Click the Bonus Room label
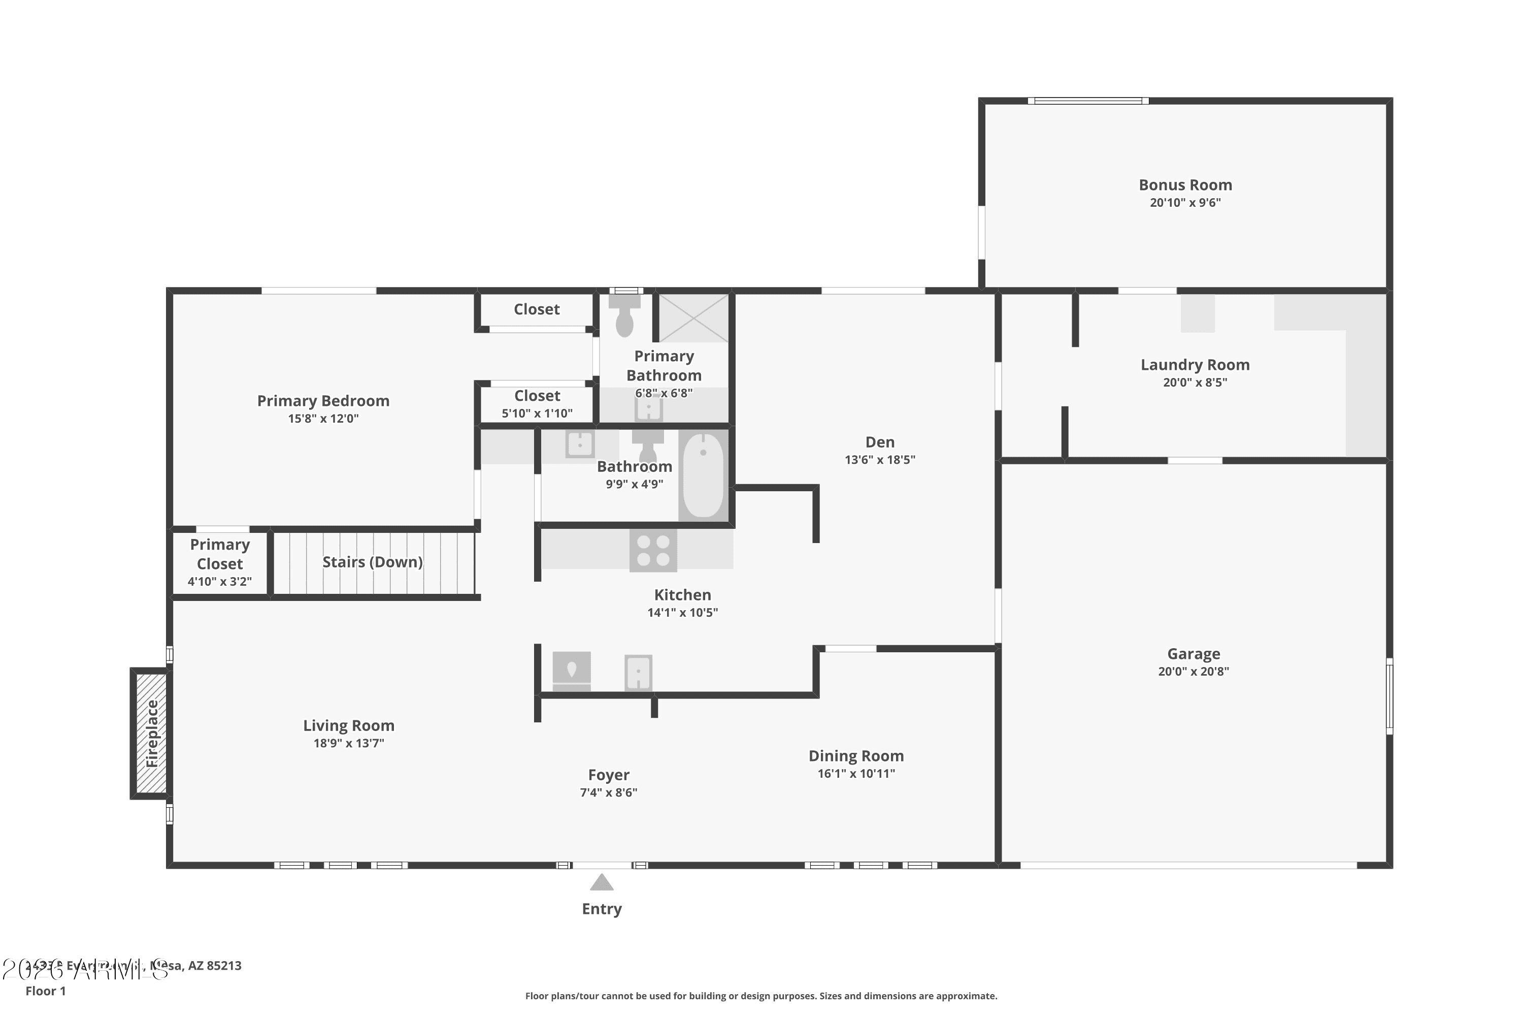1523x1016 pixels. [x=1185, y=185]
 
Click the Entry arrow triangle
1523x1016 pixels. [x=602, y=882]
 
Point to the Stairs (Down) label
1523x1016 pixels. [x=372, y=562]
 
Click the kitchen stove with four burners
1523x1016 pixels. [x=653, y=551]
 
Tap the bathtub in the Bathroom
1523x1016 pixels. [x=703, y=475]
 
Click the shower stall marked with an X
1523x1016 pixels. [x=693, y=318]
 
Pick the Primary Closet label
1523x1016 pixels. [x=219, y=555]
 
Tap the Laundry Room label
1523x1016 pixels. [x=1195, y=365]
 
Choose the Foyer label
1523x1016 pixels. [x=608, y=775]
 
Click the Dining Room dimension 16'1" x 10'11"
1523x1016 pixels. [x=856, y=774]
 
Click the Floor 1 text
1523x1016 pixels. [x=45, y=991]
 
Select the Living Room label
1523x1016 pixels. [x=348, y=726]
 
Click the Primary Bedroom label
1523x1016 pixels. [x=323, y=401]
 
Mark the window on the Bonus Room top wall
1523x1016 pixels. [x=1088, y=101]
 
